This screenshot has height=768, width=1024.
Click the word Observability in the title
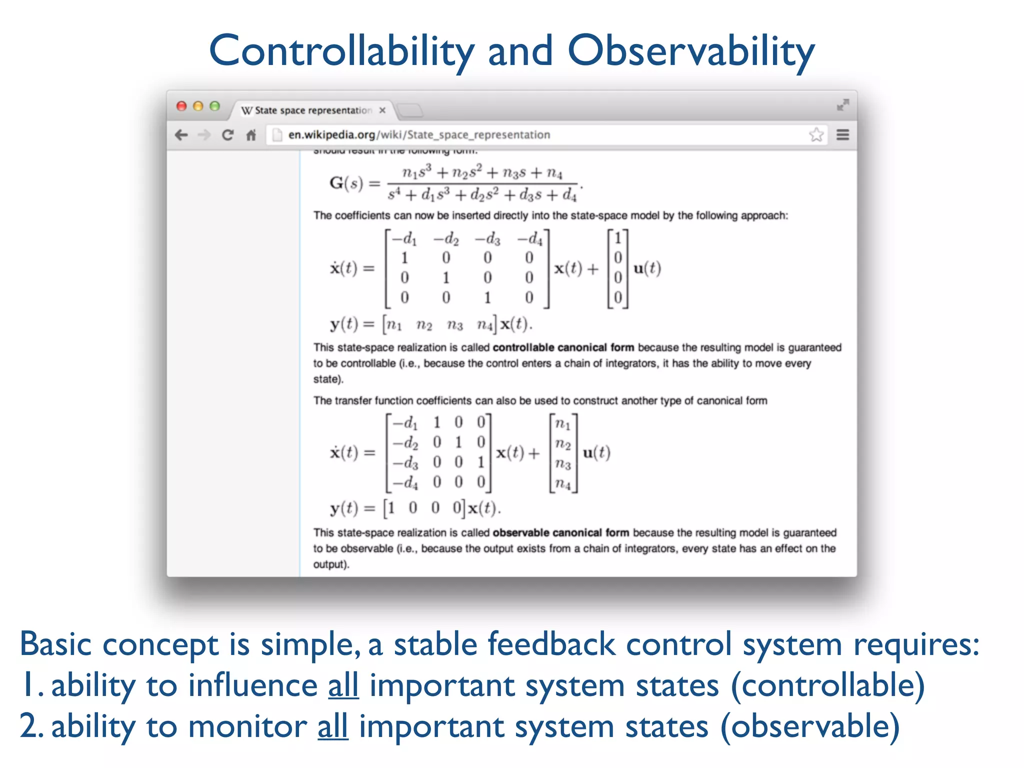pyautogui.click(x=691, y=51)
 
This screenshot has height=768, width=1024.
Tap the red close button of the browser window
pyautogui.click(x=181, y=106)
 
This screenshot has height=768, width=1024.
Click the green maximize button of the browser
pyautogui.click(x=215, y=106)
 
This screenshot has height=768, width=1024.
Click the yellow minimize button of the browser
pyautogui.click(x=198, y=106)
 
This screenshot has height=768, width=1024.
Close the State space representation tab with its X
pyautogui.click(x=382, y=110)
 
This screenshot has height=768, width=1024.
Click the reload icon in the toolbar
pyautogui.click(x=227, y=135)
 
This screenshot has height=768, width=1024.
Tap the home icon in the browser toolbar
pyautogui.click(x=251, y=135)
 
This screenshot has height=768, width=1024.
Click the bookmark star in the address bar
pyautogui.click(x=816, y=134)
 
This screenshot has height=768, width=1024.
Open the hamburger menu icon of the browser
pyautogui.click(x=843, y=134)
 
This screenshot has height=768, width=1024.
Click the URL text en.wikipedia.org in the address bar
pyautogui.click(x=331, y=135)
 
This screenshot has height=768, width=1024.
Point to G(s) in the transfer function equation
pyautogui.click(x=346, y=183)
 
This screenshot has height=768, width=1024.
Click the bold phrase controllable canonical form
pyautogui.click(x=563, y=347)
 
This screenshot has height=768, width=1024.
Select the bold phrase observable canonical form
pyautogui.click(x=560, y=532)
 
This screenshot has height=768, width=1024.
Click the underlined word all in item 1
pyautogui.click(x=343, y=685)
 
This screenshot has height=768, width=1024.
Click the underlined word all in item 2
pyautogui.click(x=332, y=726)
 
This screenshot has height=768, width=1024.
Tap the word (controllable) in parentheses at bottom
pyautogui.click(x=827, y=685)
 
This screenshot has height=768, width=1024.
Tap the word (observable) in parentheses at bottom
pyautogui.click(x=810, y=726)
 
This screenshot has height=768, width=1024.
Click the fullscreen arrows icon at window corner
pyautogui.click(x=843, y=105)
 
